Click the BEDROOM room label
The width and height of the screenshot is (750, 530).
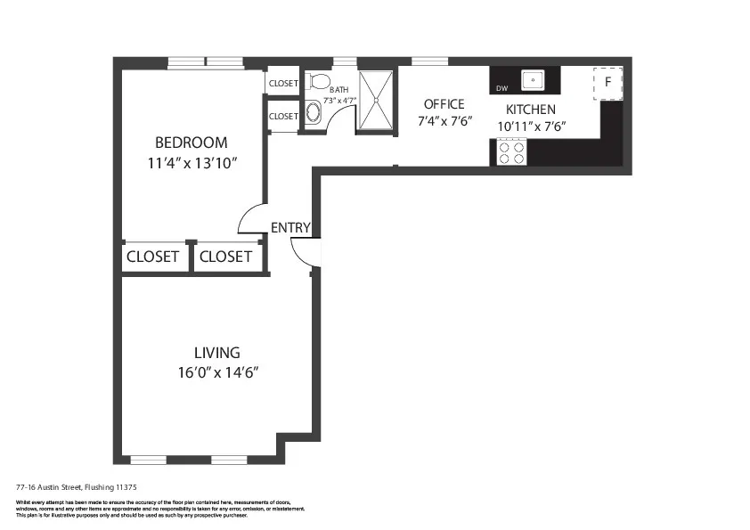pyautogui.click(x=191, y=143)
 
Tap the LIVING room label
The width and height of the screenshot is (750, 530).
pyautogui.click(x=217, y=353)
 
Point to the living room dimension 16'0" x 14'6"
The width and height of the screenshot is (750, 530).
pyautogui.click(x=217, y=373)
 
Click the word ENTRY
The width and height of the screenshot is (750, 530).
pyautogui.click(x=290, y=228)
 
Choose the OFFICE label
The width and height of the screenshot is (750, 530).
pyautogui.click(x=444, y=104)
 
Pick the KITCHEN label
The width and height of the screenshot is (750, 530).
pyautogui.click(x=531, y=110)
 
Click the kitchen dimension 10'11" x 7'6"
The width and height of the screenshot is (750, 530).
pyautogui.click(x=531, y=126)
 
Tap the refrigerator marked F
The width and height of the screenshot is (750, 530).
pyautogui.click(x=607, y=82)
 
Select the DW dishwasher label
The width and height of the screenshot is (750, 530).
pyautogui.click(x=501, y=88)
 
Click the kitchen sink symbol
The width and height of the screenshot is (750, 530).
pyautogui.click(x=534, y=80)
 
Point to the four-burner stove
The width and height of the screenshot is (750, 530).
pyautogui.click(x=510, y=153)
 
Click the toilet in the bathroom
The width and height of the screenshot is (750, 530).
pyautogui.click(x=317, y=82)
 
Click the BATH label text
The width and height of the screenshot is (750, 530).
pyautogui.click(x=338, y=90)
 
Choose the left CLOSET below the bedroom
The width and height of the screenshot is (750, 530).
pyautogui.click(x=152, y=257)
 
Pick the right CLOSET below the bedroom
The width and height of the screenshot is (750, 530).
pyautogui.click(x=225, y=257)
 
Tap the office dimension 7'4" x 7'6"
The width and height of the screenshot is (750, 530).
pyautogui.click(x=444, y=121)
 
